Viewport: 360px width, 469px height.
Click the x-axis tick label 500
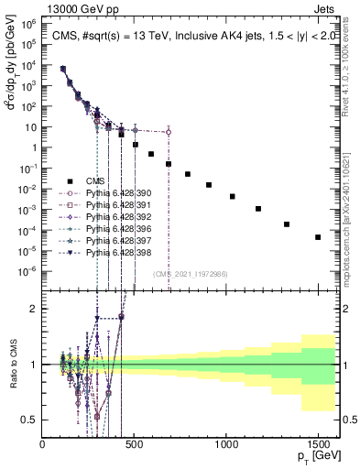(135, 442)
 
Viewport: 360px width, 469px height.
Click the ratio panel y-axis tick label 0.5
(29, 420)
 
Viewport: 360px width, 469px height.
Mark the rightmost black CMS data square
(318, 237)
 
